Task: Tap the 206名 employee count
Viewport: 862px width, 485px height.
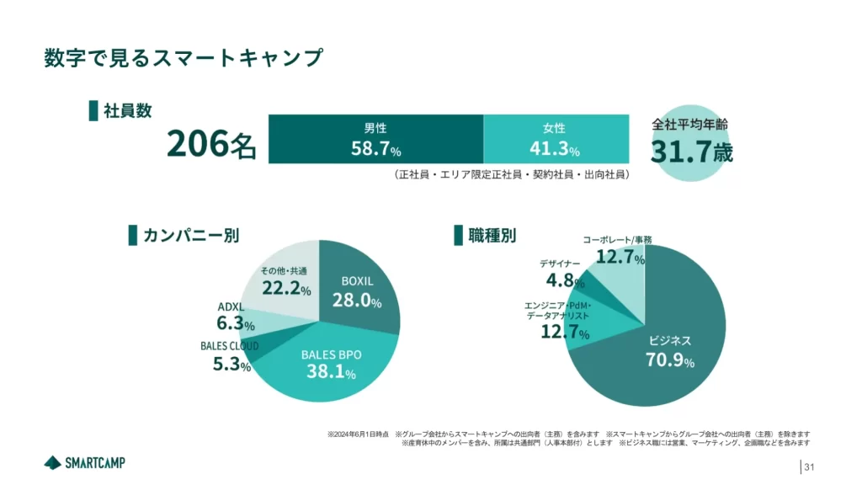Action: [210, 144]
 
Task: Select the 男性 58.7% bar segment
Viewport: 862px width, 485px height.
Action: [375, 140]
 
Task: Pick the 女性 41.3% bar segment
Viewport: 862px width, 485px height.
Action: [555, 140]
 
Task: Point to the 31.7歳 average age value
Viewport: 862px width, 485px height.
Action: [691, 152]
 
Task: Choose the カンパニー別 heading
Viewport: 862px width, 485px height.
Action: [190, 235]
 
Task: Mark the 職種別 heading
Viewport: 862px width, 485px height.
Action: [492, 235]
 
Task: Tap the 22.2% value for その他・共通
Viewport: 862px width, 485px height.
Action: [286, 289]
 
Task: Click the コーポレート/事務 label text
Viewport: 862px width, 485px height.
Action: [617, 240]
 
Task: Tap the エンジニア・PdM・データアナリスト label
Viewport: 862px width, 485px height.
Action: [558, 310]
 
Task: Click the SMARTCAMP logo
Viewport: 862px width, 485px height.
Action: [84, 462]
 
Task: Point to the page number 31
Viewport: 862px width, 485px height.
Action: [811, 467]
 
